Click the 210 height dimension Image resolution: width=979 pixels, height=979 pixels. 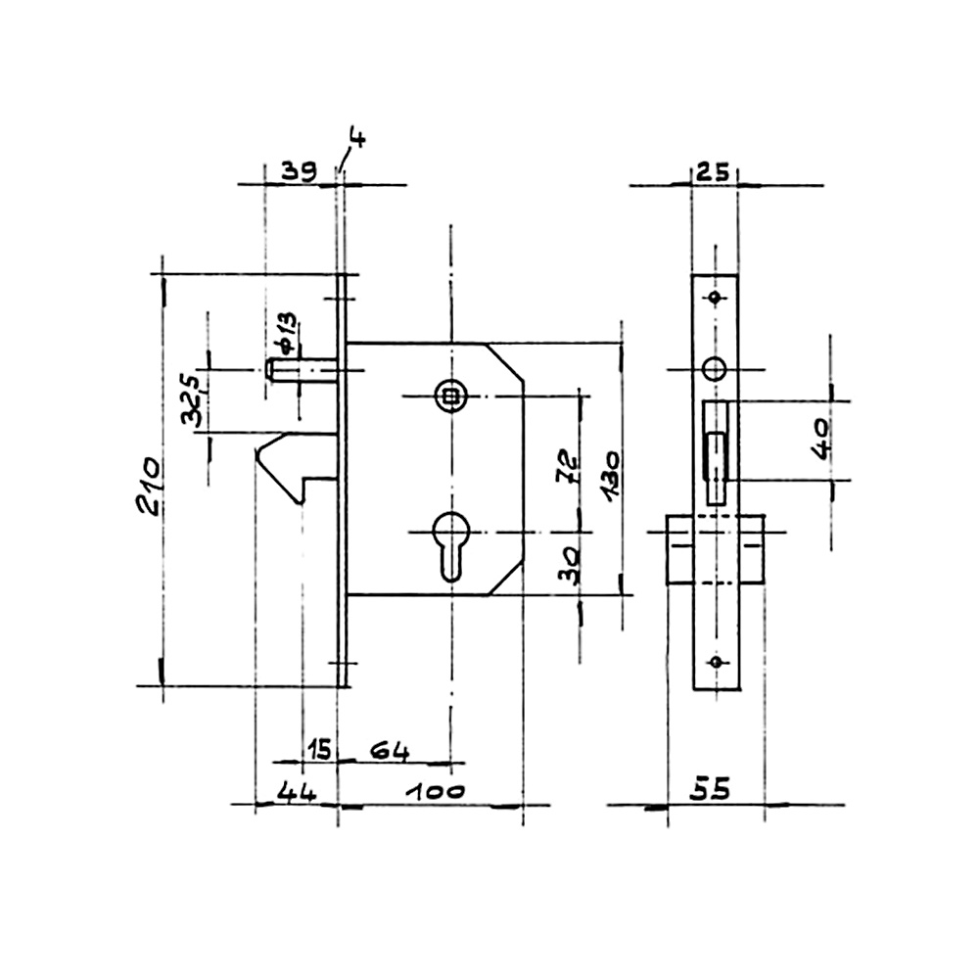click(149, 486)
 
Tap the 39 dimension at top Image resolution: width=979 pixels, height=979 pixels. click(299, 171)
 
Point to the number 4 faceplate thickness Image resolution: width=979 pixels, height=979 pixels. click(357, 138)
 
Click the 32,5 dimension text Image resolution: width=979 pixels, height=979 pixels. click(192, 400)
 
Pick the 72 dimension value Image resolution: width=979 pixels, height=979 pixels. click(568, 466)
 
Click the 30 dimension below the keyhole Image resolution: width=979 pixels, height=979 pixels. click(570, 565)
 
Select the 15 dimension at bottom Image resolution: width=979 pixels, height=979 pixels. click(319, 749)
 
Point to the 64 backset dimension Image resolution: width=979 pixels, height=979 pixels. click(390, 751)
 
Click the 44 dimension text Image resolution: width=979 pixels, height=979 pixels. click(297, 792)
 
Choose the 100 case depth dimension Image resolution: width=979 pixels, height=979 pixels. click(436, 792)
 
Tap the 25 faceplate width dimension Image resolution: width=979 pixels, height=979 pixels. click(713, 171)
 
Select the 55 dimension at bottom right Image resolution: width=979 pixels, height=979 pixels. click(710, 790)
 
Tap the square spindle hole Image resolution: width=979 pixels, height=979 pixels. click(448, 395)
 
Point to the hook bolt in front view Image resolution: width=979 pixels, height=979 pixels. click(297, 468)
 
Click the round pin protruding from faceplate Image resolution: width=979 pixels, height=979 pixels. click(303, 370)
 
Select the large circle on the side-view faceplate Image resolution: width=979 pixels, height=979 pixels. click(715, 369)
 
